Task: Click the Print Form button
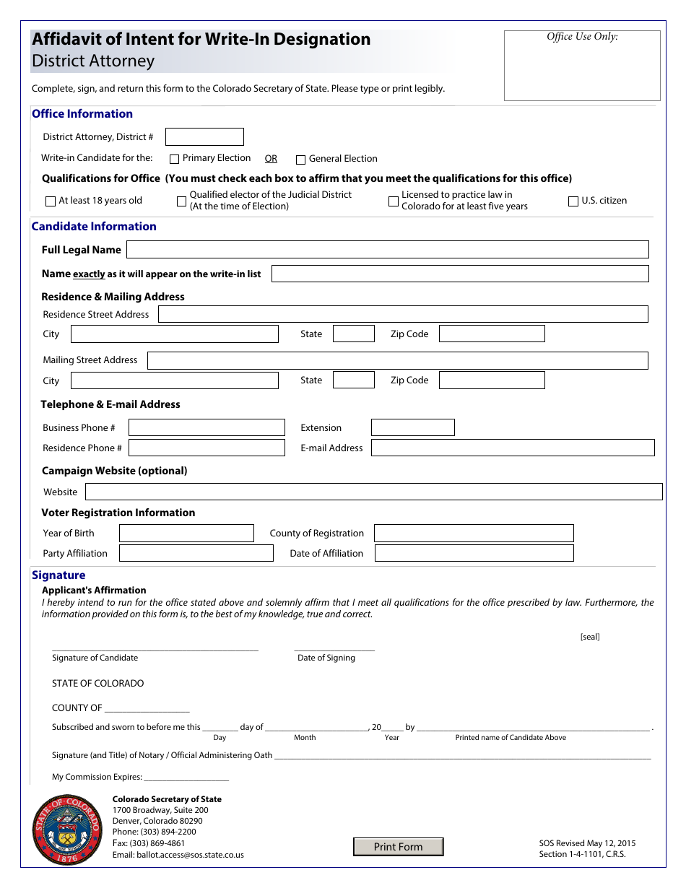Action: coord(398,847)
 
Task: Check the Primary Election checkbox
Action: coord(174,159)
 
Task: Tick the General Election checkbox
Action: coord(301,160)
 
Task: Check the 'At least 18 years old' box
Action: coord(51,201)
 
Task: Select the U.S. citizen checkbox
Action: coord(573,201)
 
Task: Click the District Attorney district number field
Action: coord(204,137)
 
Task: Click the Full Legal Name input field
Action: coord(387,250)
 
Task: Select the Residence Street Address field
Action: coord(402,314)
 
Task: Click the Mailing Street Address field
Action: coord(397,360)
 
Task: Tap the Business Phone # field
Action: coord(207,427)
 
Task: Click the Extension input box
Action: coord(412,427)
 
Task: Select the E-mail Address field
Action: coord(512,448)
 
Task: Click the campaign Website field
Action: coord(373,492)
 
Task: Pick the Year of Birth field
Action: coord(186,534)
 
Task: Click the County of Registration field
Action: coord(474,534)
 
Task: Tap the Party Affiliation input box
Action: coord(196,554)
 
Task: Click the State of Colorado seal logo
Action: coord(66,830)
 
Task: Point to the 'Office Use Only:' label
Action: coord(582,37)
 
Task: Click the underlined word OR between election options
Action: coord(271,159)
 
